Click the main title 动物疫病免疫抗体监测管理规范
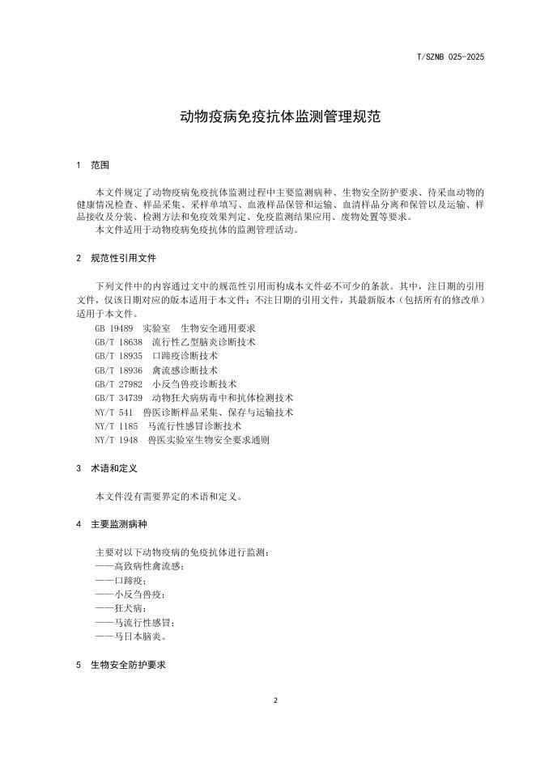[x=267, y=117]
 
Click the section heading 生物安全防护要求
[x=128, y=664]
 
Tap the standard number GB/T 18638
[x=118, y=342]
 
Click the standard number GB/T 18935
[x=118, y=356]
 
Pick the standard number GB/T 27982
[x=118, y=384]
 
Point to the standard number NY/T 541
[x=113, y=412]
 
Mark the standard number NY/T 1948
[x=116, y=440]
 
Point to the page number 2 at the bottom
[x=275, y=700]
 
